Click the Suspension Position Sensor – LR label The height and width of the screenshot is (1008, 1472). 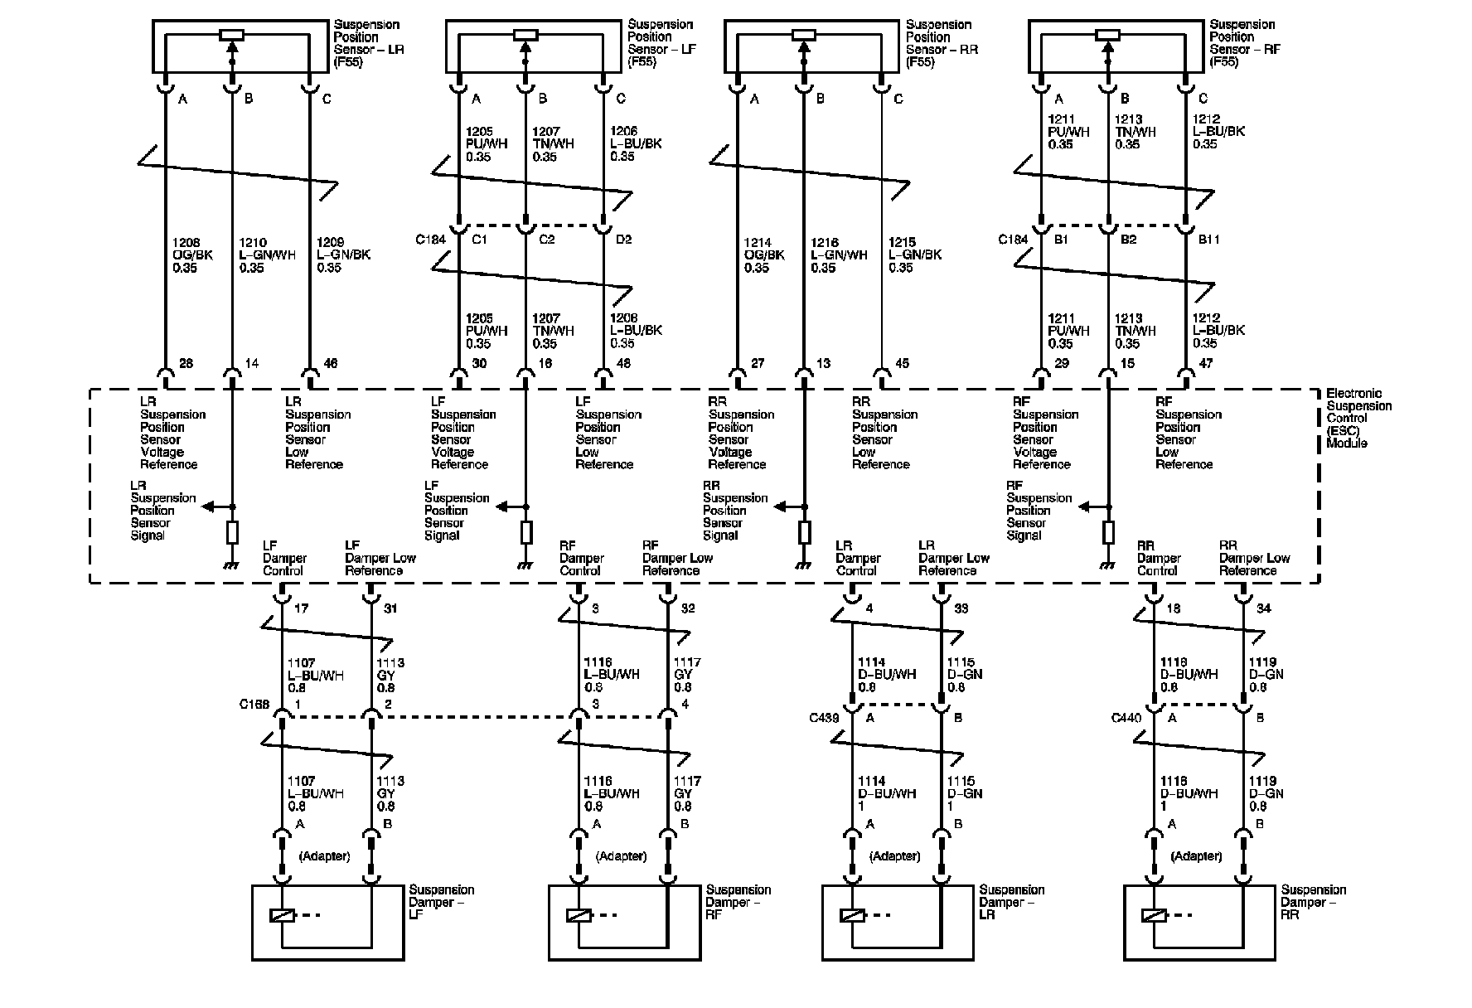point(368,44)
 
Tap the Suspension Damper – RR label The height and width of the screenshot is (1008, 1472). point(1313,902)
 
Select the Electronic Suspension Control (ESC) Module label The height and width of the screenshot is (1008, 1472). point(1358,419)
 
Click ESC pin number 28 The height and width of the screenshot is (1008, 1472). point(186,363)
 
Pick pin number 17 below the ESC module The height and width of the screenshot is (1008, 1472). point(301,608)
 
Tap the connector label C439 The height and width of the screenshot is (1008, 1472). point(824,718)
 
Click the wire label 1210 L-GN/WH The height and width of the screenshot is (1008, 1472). point(262,255)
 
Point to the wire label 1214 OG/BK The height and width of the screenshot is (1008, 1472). point(765,255)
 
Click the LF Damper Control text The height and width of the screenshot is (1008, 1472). point(284,558)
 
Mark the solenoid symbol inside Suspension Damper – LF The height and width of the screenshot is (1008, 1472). point(283,916)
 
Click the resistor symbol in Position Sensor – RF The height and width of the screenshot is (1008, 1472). point(1107,35)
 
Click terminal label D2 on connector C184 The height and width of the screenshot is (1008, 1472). point(624,240)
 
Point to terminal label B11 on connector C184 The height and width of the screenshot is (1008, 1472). point(1210,240)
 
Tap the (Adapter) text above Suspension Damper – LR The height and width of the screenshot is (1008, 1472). point(895,855)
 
